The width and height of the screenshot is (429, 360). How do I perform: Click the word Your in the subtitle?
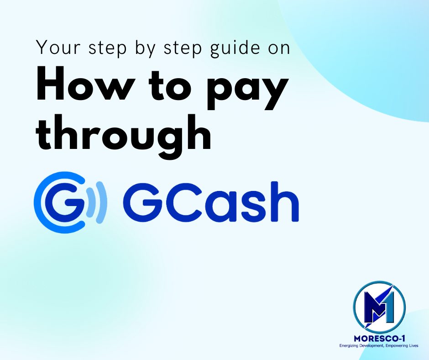[x=58, y=48]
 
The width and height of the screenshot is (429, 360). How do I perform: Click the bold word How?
[x=86, y=84]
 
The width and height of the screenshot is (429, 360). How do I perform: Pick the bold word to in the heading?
[x=171, y=85]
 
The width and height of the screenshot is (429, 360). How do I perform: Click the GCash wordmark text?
[x=211, y=201]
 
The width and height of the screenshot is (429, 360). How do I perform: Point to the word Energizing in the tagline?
[x=347, y=346]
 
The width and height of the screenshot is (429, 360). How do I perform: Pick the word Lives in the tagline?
[x=413, y=346]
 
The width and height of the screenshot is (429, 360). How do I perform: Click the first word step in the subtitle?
[x=108, y=49]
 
